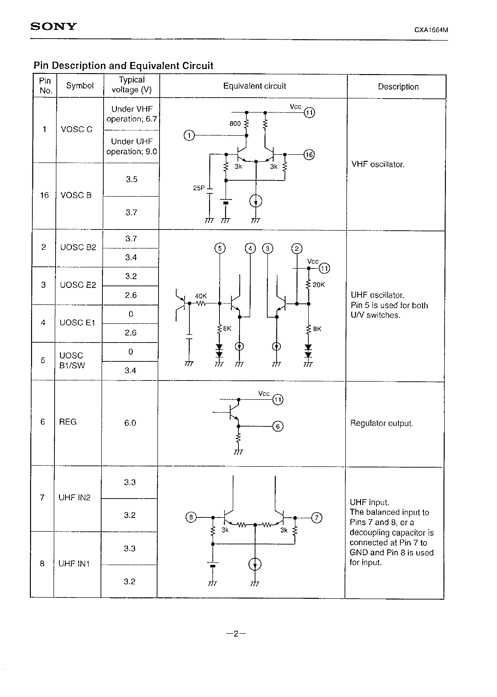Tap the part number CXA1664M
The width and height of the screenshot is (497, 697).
[431, 30]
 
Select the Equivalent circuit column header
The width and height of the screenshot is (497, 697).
[254, 86]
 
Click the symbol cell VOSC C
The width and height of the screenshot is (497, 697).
[76, 130]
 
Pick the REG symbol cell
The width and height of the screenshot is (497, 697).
[68, 422]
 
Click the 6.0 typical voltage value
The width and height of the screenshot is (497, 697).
[130, 423]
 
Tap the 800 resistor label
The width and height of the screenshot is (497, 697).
[235, 124]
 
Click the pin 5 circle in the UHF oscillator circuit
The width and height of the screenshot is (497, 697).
[220, 248]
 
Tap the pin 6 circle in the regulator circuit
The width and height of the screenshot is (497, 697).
[278, 427]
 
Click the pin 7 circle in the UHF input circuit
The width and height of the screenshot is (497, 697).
[316, 518]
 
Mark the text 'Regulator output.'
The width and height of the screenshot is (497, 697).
[381, 423]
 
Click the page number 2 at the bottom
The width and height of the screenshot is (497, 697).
[236, 634]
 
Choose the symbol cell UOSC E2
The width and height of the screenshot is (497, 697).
[78, 285]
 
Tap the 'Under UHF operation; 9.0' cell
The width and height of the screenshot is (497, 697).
[132, 146]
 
